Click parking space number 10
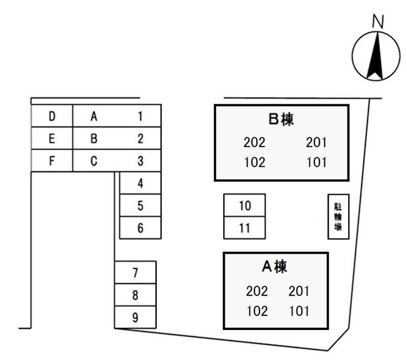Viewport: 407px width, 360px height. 245,205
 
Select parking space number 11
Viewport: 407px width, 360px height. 245,228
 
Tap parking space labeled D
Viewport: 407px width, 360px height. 52,116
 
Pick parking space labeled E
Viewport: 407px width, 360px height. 52,139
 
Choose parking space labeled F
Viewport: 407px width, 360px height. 52,161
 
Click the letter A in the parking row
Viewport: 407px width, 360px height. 94,116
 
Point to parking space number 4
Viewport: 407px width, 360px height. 140,184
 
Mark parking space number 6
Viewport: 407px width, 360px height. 140,228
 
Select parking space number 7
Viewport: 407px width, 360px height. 135,273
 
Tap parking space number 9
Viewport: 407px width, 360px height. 135,318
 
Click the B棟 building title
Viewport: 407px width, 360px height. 281,119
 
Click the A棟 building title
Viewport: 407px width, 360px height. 274,266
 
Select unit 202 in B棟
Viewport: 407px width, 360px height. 254,143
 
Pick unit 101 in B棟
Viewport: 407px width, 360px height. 316,163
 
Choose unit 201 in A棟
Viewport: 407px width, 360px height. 299,291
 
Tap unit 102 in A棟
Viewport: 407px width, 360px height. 256,311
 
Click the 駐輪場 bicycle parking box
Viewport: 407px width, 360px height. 338,217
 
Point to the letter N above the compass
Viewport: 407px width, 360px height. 377,21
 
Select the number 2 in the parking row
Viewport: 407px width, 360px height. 140,139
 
